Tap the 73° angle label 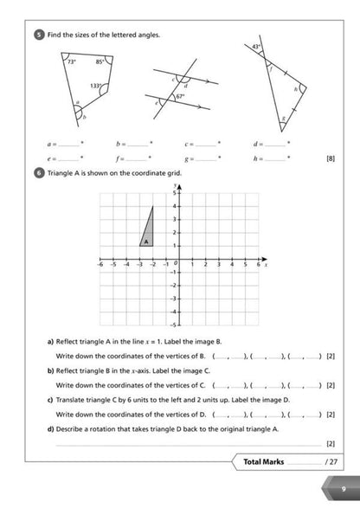[x=70, y=63]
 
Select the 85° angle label [x=100, y=62]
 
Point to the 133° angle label [x=96, y=87]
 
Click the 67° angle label [x=180, y=96]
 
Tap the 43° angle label [x=256, y=47]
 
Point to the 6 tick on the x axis [x=257, y=265]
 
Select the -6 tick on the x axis [x=100, y=265]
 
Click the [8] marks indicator [x=330, y=159]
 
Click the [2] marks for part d [x=330, y=443]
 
